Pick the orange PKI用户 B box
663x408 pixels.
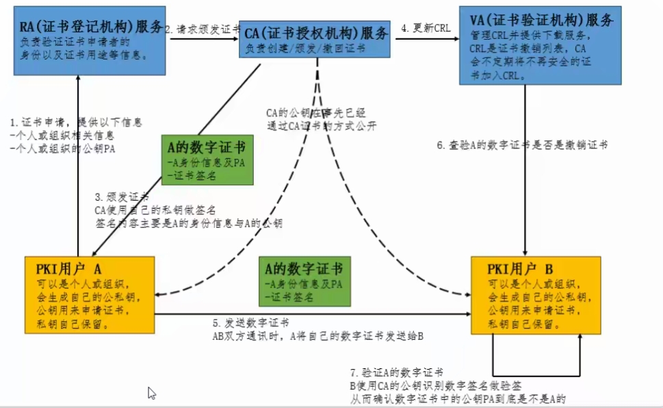tap(536, 294)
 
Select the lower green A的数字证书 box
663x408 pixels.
tap(303, 281)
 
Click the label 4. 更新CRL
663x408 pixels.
tap(425, 29)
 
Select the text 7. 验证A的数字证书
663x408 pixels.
tap(396, 372)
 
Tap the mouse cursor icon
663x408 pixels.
tap(152, 393)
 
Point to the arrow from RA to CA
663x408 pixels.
tap(203, 39)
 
